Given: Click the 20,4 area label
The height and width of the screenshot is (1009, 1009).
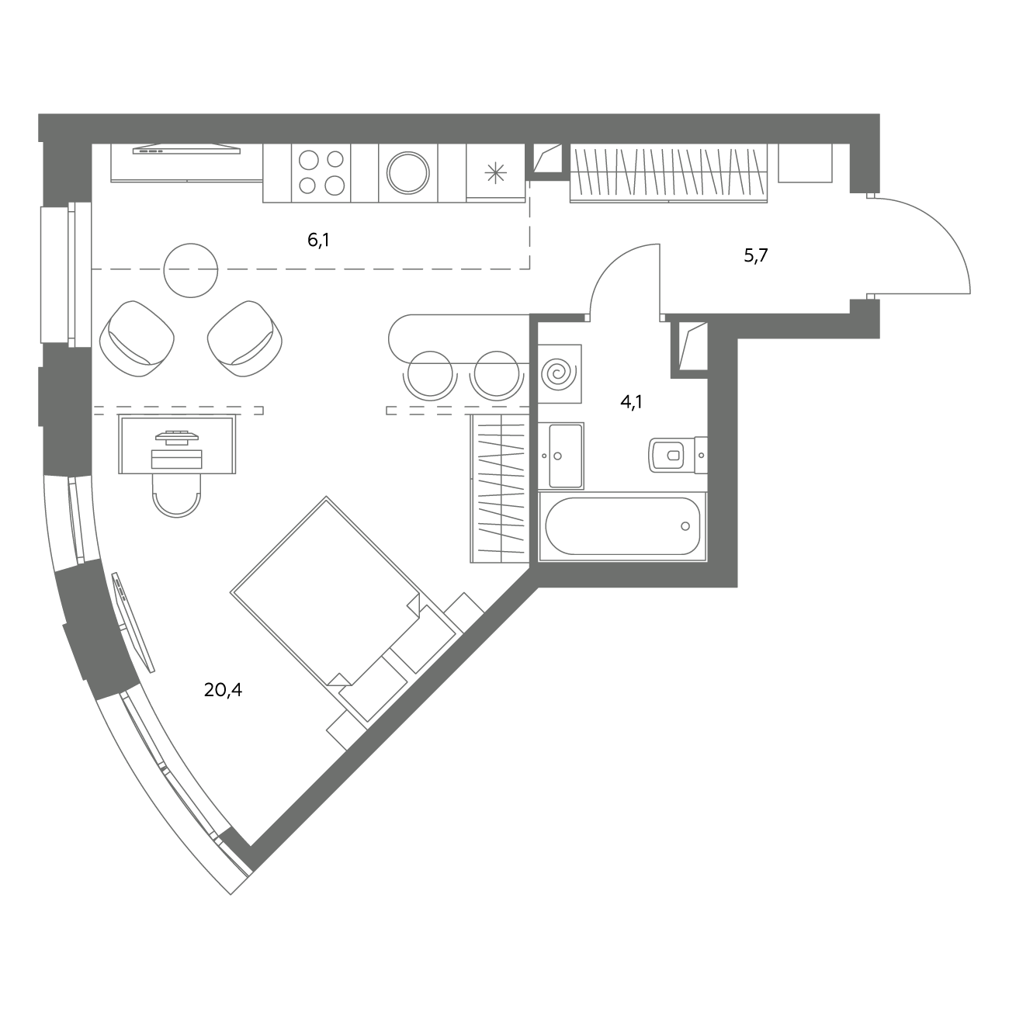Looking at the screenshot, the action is [x=223, y=691].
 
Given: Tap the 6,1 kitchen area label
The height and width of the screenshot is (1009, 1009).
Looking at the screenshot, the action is [x=318, y=241].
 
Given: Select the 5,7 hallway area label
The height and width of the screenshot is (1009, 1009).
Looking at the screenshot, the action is [x=755, y=255].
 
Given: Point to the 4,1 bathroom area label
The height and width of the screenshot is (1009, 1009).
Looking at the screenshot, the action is [x=631, y=402].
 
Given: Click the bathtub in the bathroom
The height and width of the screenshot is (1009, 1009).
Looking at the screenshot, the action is [x=622, y=526].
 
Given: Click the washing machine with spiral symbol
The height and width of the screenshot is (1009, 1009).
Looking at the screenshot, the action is [x=560, y=374].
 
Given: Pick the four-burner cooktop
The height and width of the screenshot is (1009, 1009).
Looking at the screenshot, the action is [x=321, y=172].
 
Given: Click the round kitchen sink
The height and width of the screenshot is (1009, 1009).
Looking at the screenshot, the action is [x=408, y=172].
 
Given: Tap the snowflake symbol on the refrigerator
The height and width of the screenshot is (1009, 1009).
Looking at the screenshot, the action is [x=495, y=173].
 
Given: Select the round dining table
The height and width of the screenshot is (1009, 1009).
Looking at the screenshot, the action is [x=191, y=270].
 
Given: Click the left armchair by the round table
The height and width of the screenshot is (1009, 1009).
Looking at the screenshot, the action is [x=137, y=338].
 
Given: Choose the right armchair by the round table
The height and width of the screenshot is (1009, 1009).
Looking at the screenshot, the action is [x=245, y=338].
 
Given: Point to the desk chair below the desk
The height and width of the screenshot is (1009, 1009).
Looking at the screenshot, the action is [x=176, y=495].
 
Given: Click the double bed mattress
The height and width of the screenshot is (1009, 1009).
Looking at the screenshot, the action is [x=325, y=591].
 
